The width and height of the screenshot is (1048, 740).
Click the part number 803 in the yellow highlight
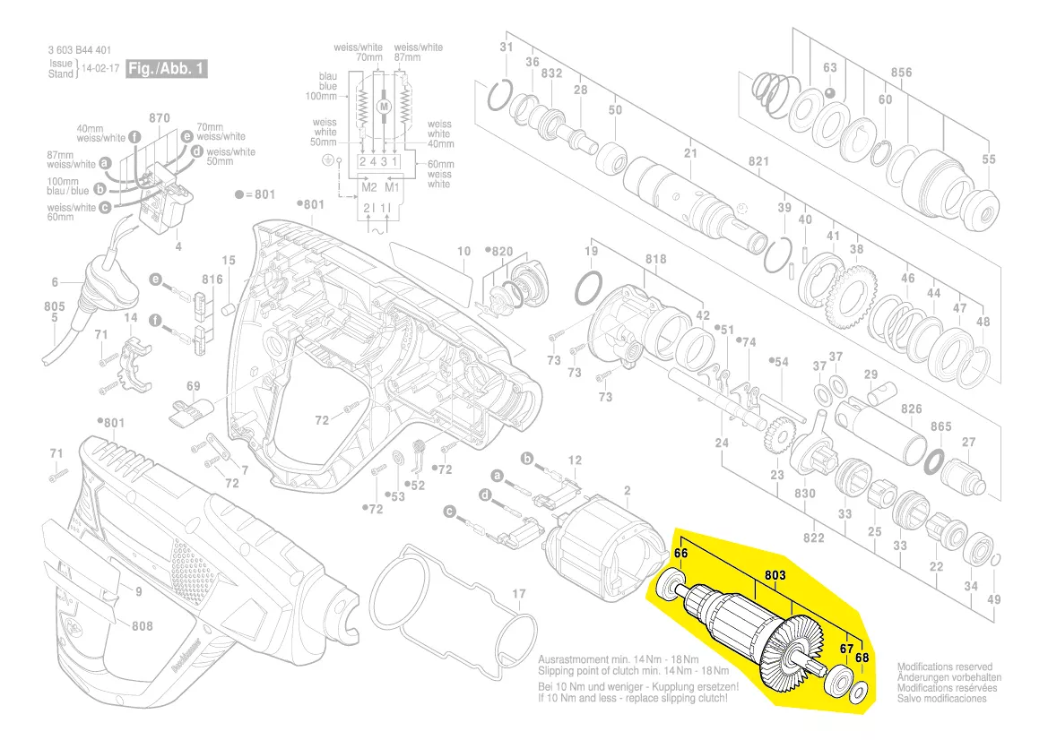pos(775,573)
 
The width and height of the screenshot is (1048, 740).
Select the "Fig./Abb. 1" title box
pos(168,68)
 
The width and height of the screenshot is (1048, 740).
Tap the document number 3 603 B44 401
pos(79,50)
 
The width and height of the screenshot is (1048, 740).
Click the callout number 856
pos(901,73)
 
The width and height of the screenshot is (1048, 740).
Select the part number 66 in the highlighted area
pos(680,555)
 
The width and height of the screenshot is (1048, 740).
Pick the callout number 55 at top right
pos(988,159)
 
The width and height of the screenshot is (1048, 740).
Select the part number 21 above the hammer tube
pos(689,153)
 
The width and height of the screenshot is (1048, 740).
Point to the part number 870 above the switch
pos(159,118)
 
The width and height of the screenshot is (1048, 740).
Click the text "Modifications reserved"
pos(944,667)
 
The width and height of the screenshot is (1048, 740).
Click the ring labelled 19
pos(588,288)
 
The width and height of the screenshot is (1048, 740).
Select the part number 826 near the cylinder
pos(911,409)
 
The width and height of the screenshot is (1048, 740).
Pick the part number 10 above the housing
pos(463,252)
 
